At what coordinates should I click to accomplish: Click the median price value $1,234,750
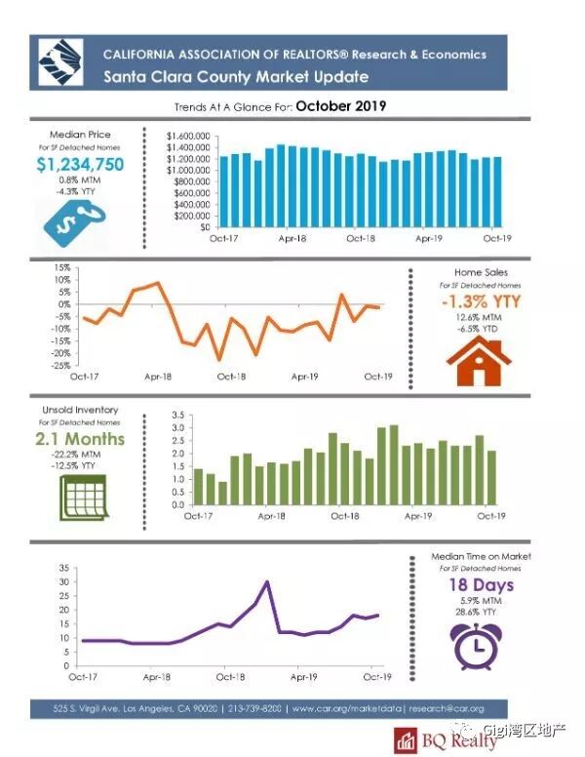(80, 164)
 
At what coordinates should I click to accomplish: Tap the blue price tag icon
(69, 224)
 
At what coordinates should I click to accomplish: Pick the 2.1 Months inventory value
(81, 439)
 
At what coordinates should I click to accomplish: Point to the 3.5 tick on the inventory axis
(177, 416)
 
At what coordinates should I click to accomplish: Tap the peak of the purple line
(267, 581)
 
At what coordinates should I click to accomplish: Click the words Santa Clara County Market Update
(236, 76)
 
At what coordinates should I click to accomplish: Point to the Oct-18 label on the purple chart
(230, 675)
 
